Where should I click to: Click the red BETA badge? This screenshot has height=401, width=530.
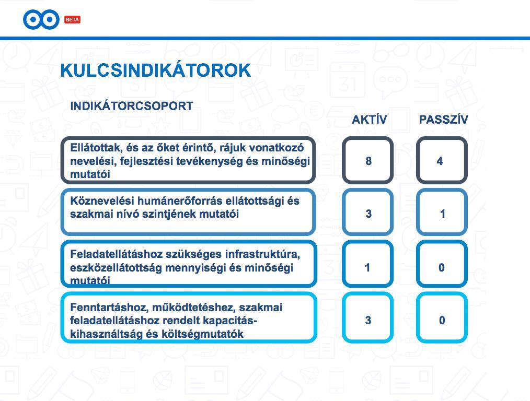tap(72, 19)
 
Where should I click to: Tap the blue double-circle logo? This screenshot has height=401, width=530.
tap(41, 19)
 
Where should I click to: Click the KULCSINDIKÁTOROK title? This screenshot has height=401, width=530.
tap(155, 70)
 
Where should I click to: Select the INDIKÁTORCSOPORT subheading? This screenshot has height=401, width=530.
tap(132, 106)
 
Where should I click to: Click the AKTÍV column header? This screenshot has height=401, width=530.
tap(369, 120)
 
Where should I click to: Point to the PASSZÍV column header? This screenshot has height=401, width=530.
tap(443, 120)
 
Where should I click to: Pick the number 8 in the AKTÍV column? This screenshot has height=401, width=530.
tap(368, 161)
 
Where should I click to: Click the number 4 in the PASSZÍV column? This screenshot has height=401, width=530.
tap(440, 161)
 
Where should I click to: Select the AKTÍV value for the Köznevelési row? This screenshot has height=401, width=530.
tap(368, 214)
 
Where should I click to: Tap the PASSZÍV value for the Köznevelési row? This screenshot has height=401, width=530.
tap(443, 214)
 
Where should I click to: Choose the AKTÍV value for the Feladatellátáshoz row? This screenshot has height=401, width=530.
tap(367, 268)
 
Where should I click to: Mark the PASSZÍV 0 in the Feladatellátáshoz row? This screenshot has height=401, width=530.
tap(442, 268)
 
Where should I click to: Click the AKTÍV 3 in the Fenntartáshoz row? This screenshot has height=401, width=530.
tap(368, 320)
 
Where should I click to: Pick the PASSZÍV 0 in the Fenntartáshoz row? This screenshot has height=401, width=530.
tap(442, 320)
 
